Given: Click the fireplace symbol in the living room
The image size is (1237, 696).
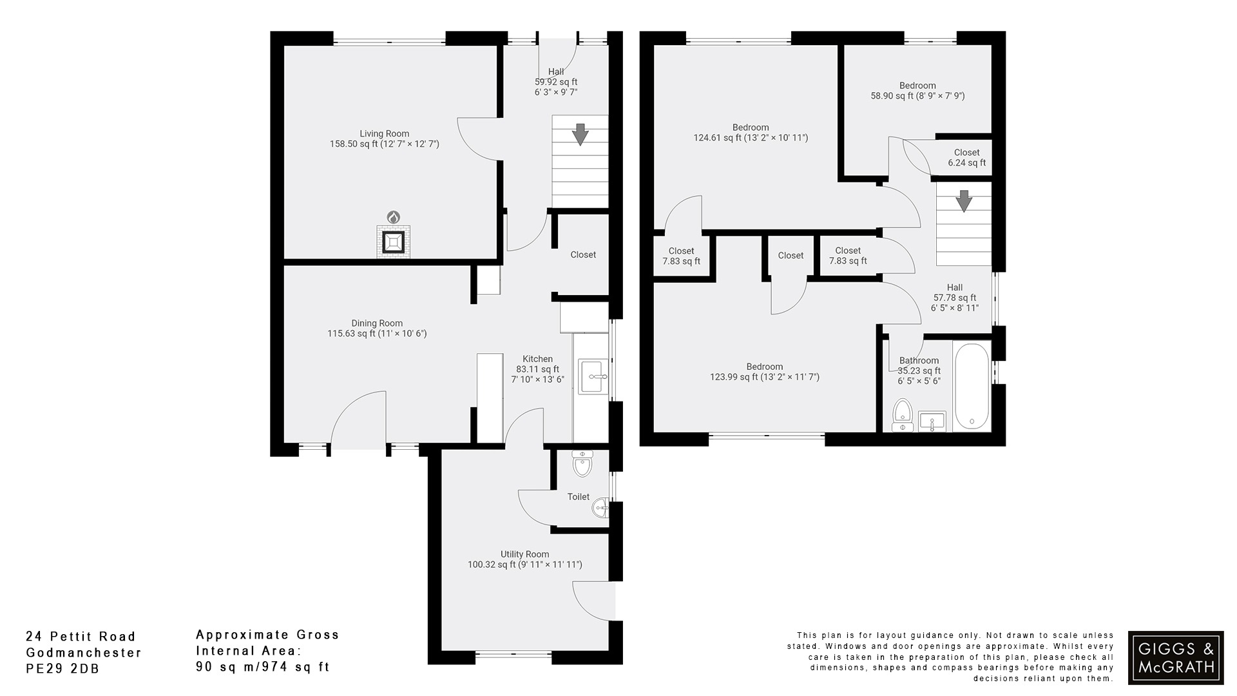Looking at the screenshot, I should point(393,242).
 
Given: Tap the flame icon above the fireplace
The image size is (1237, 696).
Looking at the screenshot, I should point(393,217).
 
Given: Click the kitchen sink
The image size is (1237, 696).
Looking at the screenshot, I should point(592,376).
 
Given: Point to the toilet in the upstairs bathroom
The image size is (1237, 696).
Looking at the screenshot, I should point(902,414).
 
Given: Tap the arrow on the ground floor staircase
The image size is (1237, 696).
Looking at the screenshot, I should point(580,135).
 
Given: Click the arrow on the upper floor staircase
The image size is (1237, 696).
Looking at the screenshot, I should point(963,201).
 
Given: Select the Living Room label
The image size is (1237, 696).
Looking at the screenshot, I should point(384,134).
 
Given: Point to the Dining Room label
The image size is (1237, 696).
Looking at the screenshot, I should point(377,324).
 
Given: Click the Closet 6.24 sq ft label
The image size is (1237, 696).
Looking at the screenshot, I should point(966,158).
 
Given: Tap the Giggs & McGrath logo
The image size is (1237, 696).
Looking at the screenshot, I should point(1175,657).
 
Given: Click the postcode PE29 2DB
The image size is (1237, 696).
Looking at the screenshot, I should point(62,669).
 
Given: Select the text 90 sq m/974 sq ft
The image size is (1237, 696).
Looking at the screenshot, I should point(262,667).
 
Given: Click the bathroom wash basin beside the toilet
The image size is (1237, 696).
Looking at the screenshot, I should point(932,421).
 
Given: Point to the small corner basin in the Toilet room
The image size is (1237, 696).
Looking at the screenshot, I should point(600,508).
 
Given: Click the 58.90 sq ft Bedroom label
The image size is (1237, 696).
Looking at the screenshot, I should point(917,90).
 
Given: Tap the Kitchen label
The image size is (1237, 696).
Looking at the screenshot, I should point(537,359).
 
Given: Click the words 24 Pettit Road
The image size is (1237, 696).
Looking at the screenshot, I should point(81,637).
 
